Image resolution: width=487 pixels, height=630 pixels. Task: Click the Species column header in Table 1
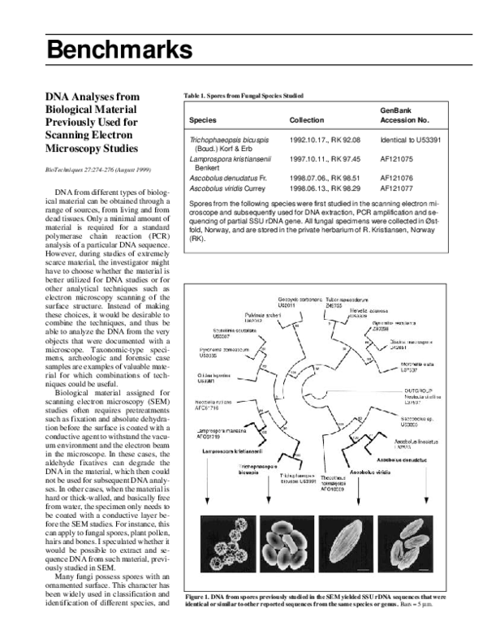coord(203,119)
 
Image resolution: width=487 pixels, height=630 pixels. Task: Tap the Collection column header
coord(307,119)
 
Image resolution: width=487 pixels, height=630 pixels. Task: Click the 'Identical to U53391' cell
coord(410,140)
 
